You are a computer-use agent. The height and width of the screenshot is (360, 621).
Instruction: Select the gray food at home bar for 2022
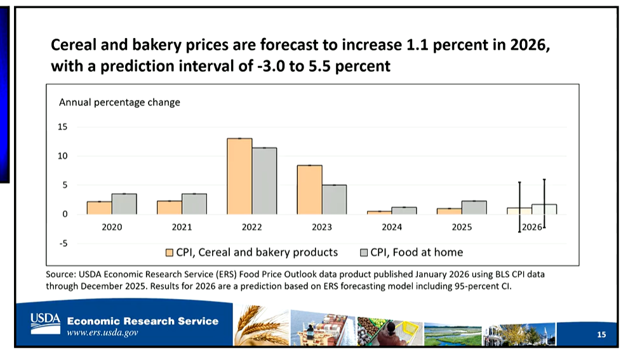point(264,181)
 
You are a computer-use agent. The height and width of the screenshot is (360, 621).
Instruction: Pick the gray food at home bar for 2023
point(334,199)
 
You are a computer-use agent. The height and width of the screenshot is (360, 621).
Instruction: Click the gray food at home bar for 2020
point(124,204)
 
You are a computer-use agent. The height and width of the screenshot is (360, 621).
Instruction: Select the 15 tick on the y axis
point(62,127)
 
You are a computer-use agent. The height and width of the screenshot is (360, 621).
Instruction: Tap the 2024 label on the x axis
point(392,227)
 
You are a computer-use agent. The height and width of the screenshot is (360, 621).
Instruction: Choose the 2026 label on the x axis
point(531,227)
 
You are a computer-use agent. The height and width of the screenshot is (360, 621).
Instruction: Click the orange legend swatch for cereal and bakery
point(170,253)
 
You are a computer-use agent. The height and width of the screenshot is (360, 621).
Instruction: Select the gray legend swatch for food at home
point(364,253)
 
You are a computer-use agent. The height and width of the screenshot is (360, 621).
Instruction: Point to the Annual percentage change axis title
point(119,102)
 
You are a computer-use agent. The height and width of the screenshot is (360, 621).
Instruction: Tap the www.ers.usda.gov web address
point(103,333)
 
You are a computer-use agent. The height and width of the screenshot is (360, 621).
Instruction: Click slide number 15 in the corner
point(601,335)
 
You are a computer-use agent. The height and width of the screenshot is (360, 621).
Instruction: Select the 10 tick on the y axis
point(62,156)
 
